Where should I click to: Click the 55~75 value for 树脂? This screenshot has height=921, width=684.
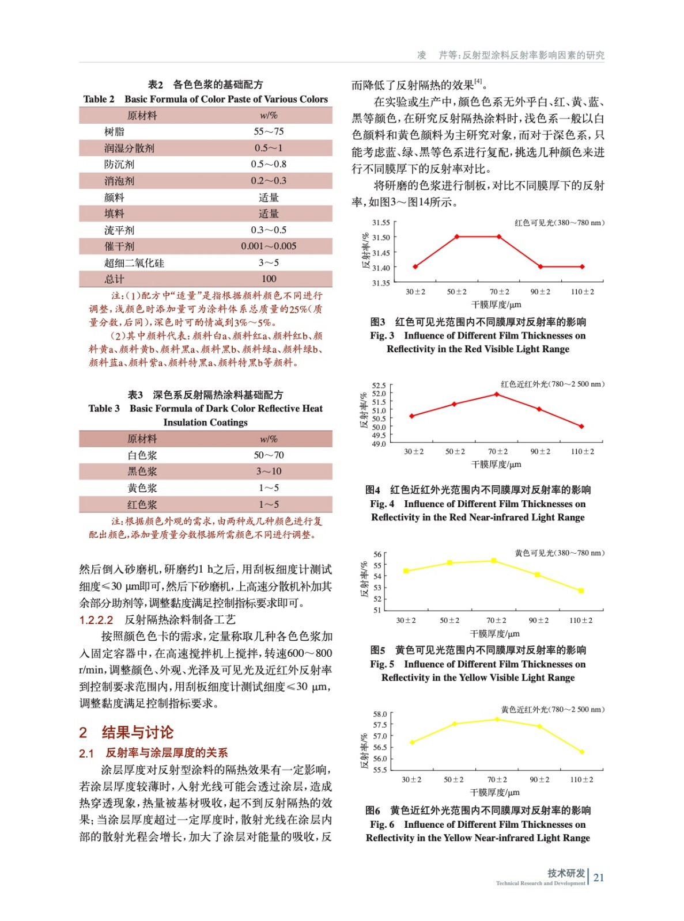point(269,131)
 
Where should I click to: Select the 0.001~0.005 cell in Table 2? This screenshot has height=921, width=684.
point(269,246)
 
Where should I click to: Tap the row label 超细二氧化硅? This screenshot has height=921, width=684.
point(134,263)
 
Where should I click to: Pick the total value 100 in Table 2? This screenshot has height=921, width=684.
point(269,279)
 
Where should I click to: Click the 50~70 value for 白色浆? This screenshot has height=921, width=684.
point(269,455)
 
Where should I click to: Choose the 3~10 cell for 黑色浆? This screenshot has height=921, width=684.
point(269,471)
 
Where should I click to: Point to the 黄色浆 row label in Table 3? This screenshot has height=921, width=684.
point(142,488)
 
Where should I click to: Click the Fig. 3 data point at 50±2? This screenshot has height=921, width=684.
point(457,237)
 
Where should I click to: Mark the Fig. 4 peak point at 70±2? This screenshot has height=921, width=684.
point(497,394)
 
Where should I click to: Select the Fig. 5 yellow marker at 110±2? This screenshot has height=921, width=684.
point(581,591)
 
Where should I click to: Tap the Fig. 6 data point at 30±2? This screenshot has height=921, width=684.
point(412,743)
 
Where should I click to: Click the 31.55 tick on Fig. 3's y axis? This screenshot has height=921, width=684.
point(380,222)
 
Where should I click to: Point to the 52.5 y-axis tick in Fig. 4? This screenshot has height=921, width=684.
point(379,386)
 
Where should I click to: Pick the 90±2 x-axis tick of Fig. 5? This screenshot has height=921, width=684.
point(538,621)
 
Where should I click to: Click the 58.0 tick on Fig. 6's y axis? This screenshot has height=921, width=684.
point(380,714)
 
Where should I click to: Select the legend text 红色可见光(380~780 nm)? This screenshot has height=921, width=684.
point(559,223)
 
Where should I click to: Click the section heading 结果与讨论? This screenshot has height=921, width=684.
point(137,732)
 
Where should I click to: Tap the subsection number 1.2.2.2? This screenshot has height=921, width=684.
point(96,620)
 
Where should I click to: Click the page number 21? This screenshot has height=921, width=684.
point(599,878)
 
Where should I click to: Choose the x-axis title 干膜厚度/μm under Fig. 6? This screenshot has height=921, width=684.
point(494,793)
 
